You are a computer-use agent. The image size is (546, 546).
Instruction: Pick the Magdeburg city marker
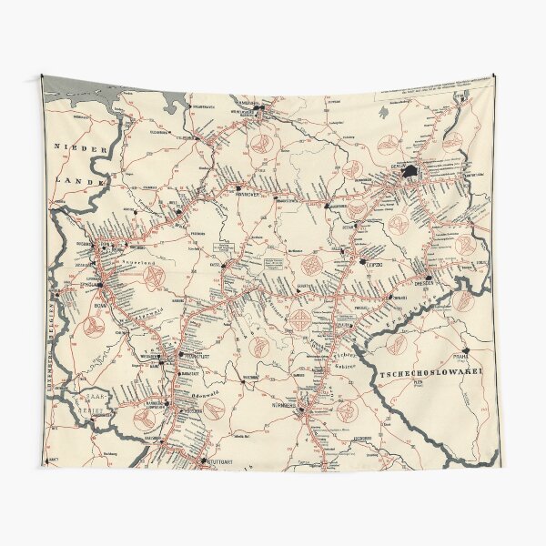[325, 208]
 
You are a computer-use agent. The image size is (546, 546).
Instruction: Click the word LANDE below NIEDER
[73, 181]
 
